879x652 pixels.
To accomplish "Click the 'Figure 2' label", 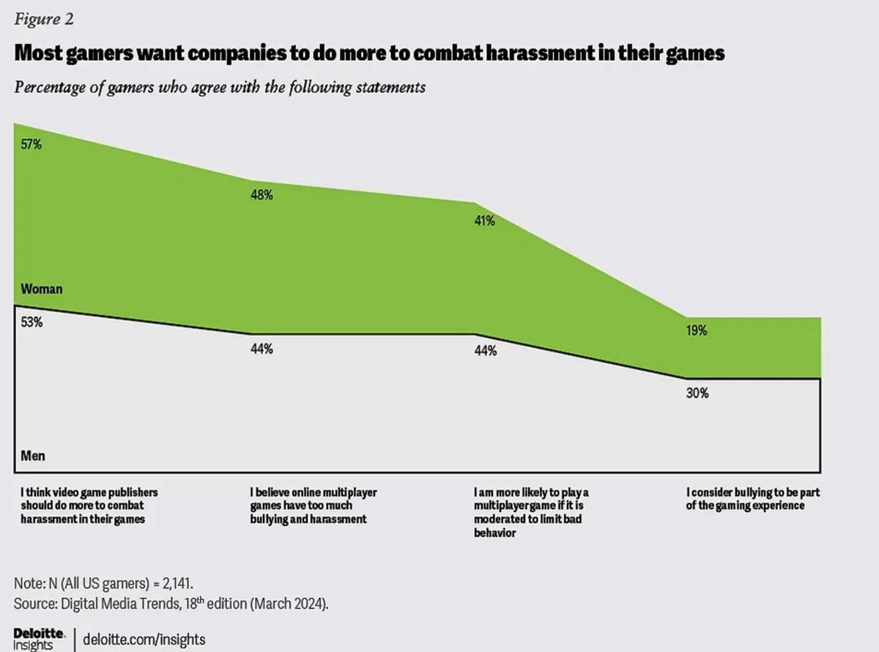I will point(43,20).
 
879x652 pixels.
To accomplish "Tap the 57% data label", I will point(31,144).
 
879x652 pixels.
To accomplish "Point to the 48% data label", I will point(262,195).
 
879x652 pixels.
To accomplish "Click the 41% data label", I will point(484,221).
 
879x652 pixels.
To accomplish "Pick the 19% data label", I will point(697,330).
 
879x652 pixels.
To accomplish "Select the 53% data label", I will point(31,322).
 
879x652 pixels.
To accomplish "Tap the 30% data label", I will point(697,393).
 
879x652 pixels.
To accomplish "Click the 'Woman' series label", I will point(42,289).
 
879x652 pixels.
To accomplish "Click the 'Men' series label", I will point(33,456).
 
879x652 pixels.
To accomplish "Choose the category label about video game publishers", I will point(89,506).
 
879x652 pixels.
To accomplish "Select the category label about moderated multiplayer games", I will point(530,513).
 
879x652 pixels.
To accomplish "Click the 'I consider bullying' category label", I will point(752,500).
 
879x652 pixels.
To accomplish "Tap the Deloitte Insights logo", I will point(39,638).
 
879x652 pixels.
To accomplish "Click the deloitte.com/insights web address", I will point(144,639).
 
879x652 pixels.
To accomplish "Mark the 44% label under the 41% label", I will point(485,351).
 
